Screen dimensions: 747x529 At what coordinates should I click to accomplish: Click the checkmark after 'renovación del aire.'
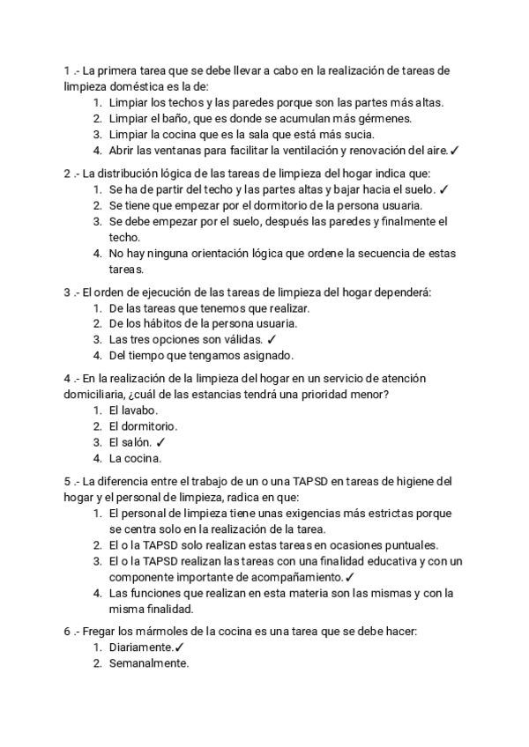click(x=455, y=151)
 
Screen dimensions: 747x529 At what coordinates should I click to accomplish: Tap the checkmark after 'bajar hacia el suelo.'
click(x=443, y=189)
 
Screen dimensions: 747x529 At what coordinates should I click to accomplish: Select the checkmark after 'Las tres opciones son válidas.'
click(x=272, y=339)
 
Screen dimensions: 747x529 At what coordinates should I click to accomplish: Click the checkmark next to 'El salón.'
click(x=160, y=442)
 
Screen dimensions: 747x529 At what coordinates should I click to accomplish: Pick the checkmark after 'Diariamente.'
click(x=180, y=648)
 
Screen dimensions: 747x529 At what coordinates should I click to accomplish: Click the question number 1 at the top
click(x=67, y=70)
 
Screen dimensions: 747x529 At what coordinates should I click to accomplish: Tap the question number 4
click(x=67, y=378)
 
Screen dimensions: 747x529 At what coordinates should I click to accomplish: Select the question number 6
click(x=67, y=632)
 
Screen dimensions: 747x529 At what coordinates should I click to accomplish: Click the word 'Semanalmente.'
click(x=149, y=664)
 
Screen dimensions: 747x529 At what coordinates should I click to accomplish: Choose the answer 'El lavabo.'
click(x=134, y=410)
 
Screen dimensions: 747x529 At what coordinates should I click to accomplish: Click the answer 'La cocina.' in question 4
click(x=136, y=458)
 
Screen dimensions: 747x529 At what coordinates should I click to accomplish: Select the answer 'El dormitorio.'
click(x=143, y=426)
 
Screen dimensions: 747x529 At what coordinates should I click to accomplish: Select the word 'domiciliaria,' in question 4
click(x=100, y=394)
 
